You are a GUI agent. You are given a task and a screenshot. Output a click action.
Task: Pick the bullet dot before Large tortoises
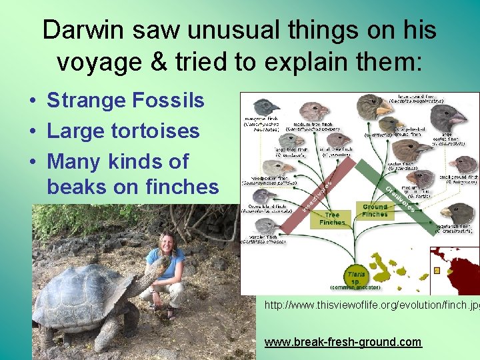click(31, 131)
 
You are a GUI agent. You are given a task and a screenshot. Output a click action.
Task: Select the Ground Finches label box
click(375, 211)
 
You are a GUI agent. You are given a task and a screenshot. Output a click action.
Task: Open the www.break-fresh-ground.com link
click(343, 342)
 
